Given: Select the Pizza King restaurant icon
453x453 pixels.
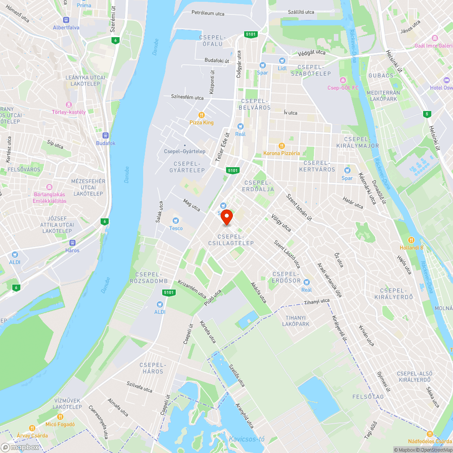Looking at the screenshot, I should pyautogui.click(x=202, y=115).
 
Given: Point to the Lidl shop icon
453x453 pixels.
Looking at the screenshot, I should pyautogui.click(x=283, y=60).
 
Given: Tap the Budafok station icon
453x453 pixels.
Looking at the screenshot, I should pyautogui.click(x=106, y=135).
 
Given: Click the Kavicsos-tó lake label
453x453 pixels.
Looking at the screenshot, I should pyautogui.click(x=246, y=439).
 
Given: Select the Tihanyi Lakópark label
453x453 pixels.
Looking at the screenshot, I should pyautogui.click(x=295, y=321).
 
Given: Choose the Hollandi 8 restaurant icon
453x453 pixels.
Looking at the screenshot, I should pyautogui.click(x=411, y=240).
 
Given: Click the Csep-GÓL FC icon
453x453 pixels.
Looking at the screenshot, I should pyautogui.click(x=343, y=80).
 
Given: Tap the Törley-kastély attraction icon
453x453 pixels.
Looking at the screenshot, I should pyautogui.click(x=68, y=104).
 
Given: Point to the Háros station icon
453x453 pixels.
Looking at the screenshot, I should pyautogui.click(x=72, y=242).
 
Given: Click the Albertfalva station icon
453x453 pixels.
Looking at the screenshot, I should pyautogui.click(x=66, y=19).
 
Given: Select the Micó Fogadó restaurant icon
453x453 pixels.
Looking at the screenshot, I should pyautogui.click(x=60, y=417).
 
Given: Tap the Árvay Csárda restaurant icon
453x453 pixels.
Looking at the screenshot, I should pyautogui.click(x=32, y=428).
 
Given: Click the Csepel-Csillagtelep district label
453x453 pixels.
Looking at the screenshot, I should pyautogui.click(x=231, y=240).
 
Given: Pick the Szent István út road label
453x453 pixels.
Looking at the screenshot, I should pyautogui.click(x=299, y=207).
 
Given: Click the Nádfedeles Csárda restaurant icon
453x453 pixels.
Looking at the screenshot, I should pyautogui.click(x=429, y=434).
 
